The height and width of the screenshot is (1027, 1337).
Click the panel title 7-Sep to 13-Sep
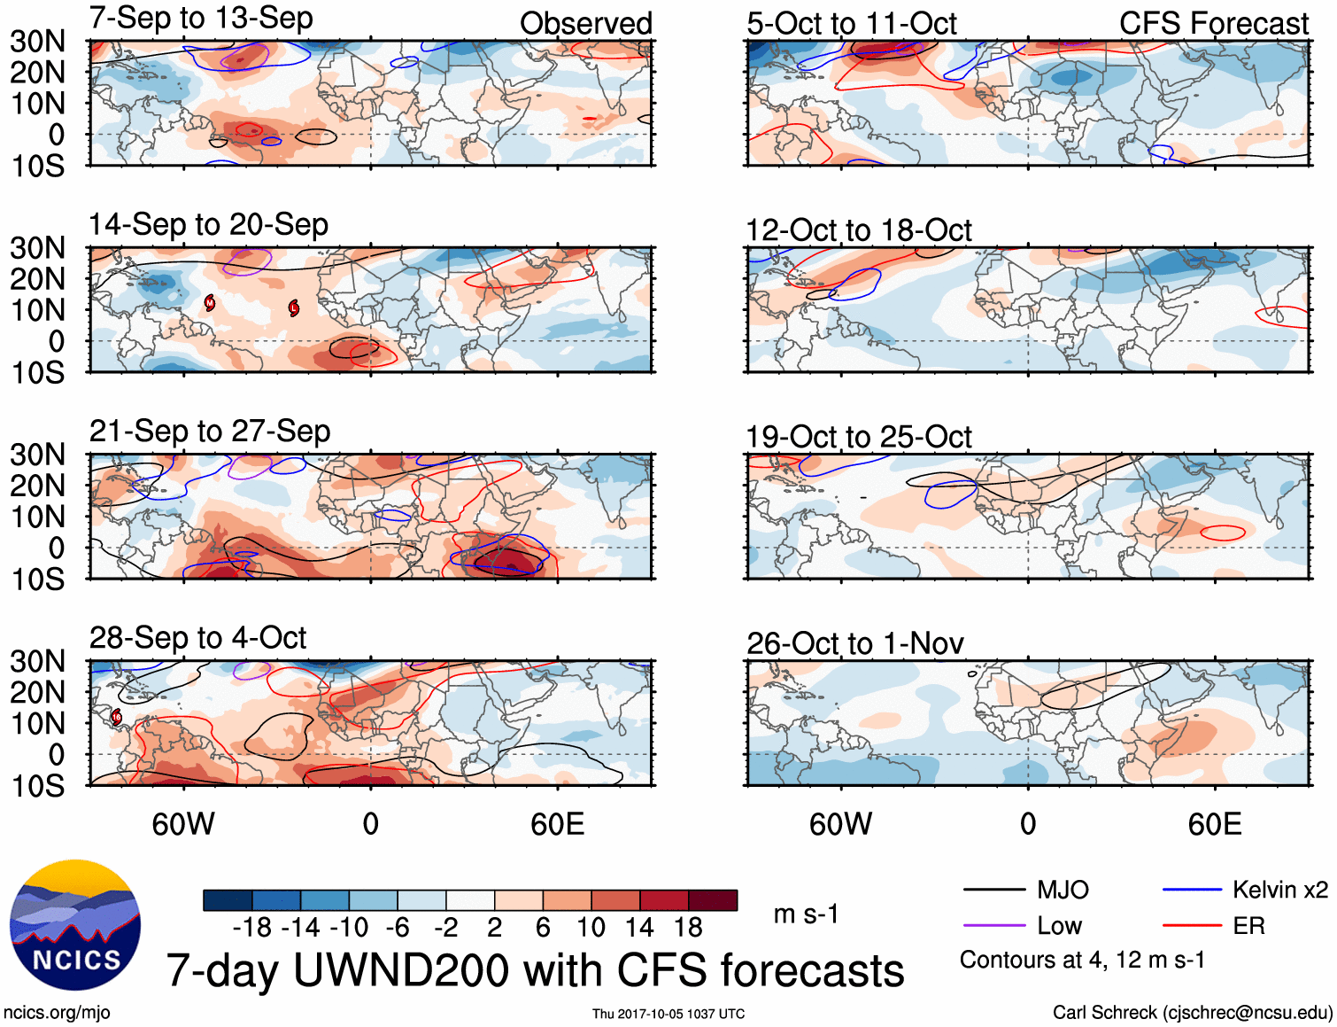coord(201,19)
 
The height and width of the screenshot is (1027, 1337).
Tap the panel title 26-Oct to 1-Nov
coord(854,643)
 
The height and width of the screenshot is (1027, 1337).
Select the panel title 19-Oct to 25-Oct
coord(858,437)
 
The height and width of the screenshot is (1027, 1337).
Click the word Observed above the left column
coord(585,24)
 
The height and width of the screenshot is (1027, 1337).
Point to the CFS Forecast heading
coord(1213,24)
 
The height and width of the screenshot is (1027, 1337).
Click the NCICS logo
coord(75,925)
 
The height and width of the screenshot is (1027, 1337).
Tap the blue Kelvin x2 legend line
coord(1191,890)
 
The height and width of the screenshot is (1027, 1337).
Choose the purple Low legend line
coord(993,926)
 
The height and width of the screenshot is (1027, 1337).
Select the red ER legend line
coord(1191,926)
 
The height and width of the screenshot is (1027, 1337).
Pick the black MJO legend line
coord(993,890)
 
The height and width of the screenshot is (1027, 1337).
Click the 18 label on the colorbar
coord(688,928)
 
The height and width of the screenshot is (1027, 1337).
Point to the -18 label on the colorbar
coord(252,928)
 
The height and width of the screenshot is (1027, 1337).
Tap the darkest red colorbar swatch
coord(713,900)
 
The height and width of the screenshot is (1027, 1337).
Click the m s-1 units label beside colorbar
coord(806,914)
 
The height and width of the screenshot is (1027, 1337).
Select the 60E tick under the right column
coord(1214,825)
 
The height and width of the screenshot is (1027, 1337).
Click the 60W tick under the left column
coord(183,825)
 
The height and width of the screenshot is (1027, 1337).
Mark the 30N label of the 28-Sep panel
coord(38,661)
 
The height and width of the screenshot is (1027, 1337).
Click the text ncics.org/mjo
coord(57,1013)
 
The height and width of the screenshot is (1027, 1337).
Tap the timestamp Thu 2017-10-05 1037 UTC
coord(668,1014)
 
